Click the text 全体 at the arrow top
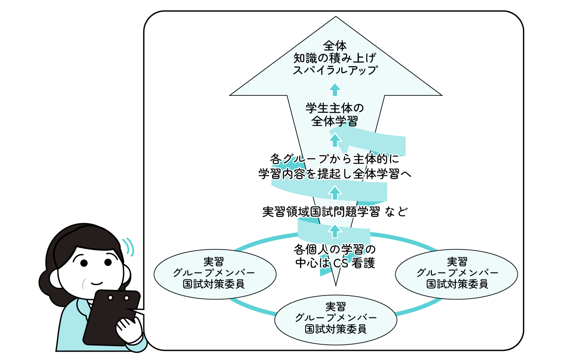coord(334,45)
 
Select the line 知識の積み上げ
coord(334,57)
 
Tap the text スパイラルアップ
coord(334,70)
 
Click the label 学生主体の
coord(334,108)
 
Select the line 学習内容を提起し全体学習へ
coord(334,173)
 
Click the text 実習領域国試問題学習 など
coord(334,212)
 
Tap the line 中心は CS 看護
coord(334,263)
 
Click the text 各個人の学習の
coord(334,250)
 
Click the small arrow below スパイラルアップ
coord(334,89)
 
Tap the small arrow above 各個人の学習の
coord(334,229)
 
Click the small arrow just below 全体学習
coord(334,139)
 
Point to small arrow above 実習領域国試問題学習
coord(334,191)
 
